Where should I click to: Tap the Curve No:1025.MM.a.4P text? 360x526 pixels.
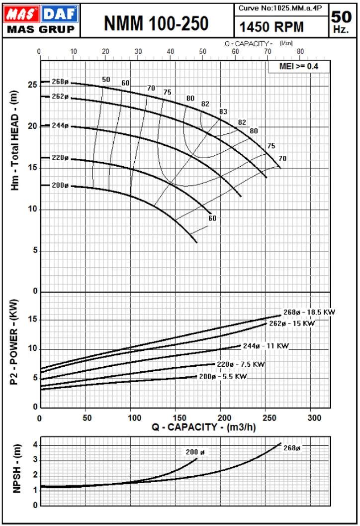click(x=281, y=8)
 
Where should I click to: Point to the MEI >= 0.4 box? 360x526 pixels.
click(x=299, y=66)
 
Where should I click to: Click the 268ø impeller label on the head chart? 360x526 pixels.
click(x=60, y=82)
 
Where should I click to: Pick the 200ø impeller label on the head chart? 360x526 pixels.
click(x=60, y=186)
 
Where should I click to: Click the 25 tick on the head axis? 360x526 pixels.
click(x=33, y=85)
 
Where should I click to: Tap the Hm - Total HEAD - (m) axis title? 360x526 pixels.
click(x=15, y=143)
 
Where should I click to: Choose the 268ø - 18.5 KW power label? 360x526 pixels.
click(x=309, y=313)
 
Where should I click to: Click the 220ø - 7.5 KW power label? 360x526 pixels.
click(x=241, y=364)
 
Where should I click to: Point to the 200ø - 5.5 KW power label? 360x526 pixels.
click(x=222, y=376)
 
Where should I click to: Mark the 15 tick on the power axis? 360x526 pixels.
click(x=33, y=319)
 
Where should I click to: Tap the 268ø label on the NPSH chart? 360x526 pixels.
click(x=292, y=447)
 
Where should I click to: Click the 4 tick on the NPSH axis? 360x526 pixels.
click(x=35, y=445)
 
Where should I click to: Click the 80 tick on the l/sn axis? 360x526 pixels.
click(x=300, y=51)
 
